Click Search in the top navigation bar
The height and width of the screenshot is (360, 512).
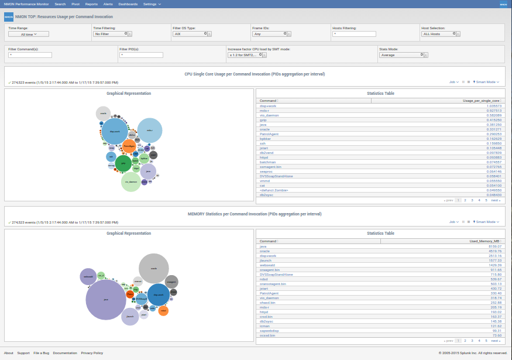click(60, 4)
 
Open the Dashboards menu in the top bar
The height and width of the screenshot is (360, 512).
click(128, 4)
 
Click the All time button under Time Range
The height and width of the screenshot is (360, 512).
click(29, 35)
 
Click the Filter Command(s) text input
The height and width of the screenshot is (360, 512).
click(30, 55)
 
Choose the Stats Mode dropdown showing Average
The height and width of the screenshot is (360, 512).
click(401, 55)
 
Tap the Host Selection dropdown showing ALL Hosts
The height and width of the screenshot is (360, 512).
click(438, 34)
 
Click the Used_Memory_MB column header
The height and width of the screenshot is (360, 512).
click(484, 241)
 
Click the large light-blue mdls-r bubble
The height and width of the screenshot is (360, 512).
click(149, 131)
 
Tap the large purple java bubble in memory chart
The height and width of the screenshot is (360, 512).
click(106, 299)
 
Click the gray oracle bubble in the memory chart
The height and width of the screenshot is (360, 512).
click(154, 269)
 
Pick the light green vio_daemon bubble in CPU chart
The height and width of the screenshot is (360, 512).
click(130, 181)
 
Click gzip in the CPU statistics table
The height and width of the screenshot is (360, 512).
click(263, 120)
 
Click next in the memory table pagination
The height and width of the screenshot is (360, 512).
click(495, 340)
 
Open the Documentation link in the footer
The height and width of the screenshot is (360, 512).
click(65, 353)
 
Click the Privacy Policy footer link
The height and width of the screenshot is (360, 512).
click(92, 353)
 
